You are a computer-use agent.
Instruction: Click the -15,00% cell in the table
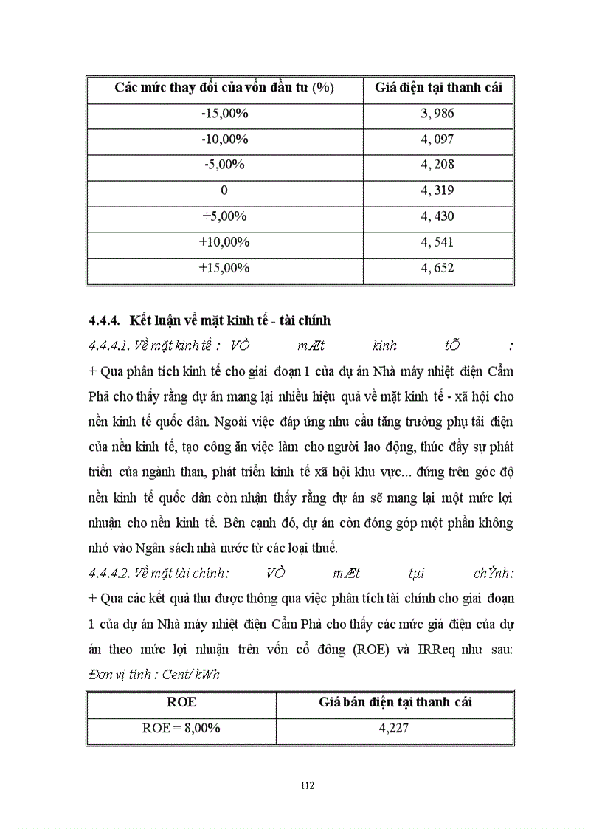[x=224, y=113]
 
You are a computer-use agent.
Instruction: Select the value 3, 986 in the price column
[x=437, y=113]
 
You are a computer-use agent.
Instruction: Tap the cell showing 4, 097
[x=437, y=139]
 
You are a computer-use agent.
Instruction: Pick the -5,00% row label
[x=224, y=165]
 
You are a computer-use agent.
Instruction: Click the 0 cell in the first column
[x=224, y=190]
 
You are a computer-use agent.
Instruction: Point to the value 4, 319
[x=437, y=190]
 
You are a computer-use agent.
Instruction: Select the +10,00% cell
[x=224, y=242]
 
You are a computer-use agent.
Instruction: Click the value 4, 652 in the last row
[x=437, y=268]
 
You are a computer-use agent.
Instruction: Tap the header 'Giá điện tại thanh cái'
[x=438, y=88]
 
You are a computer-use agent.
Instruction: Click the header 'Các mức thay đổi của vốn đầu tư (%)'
[x=224, y=88]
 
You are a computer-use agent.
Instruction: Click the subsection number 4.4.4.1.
[x=109, y=345]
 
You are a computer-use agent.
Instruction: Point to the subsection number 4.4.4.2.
[x=109, y=573]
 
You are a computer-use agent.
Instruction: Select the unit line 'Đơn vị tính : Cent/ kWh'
[x=153, y=675]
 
